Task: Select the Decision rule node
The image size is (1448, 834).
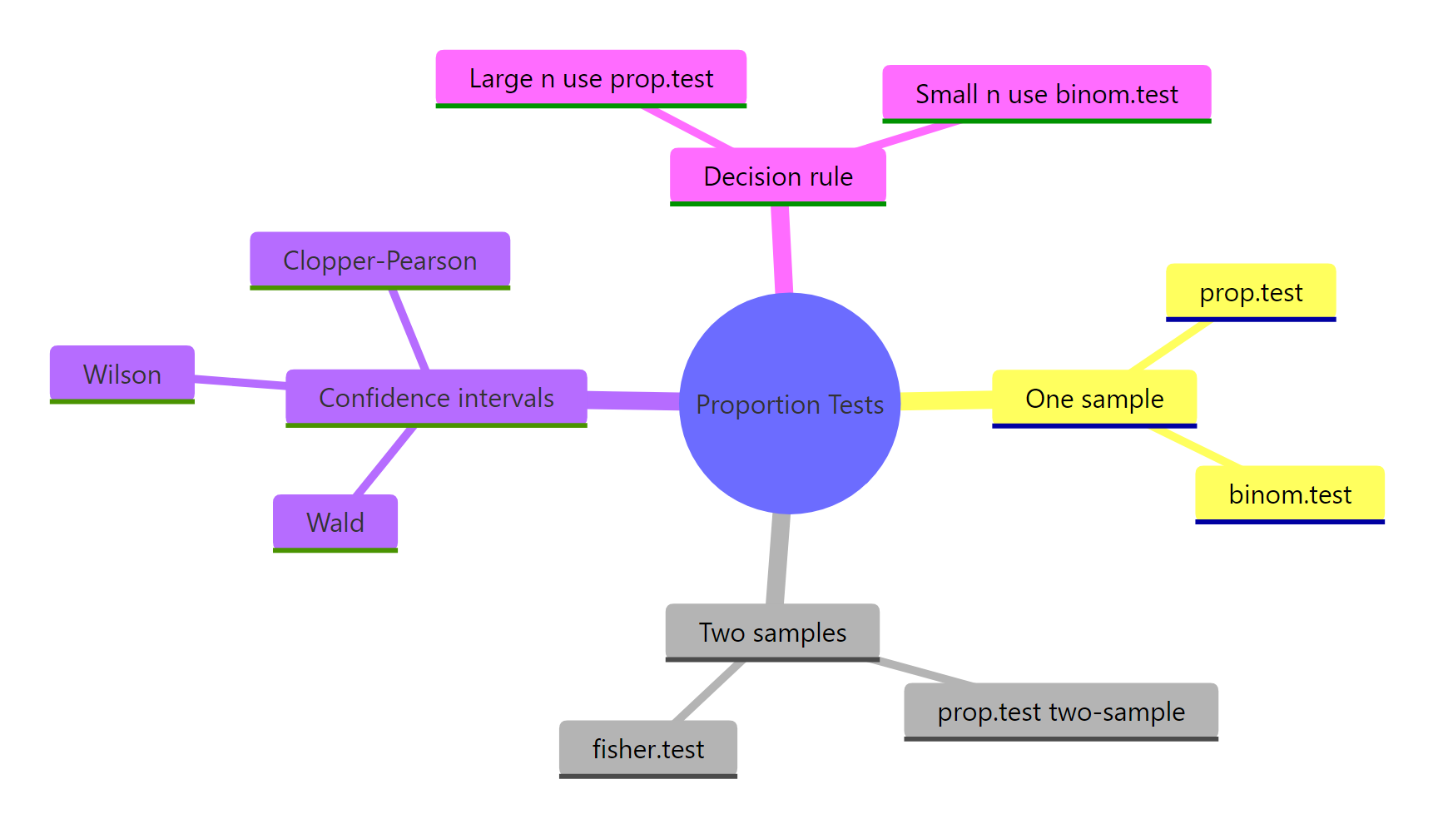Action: [777, 176]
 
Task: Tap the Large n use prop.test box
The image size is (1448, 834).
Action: [591, 78]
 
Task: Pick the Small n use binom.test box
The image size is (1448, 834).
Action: [1046, 94]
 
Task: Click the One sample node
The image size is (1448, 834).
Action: [1093, 399]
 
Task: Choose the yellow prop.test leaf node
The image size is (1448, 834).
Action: [1250, 292]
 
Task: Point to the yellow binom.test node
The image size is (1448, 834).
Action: [1289, 494]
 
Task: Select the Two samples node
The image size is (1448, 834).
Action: [771, 633]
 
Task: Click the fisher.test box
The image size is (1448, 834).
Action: [647, 749]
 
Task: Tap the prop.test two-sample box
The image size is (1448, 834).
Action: [1060, 712]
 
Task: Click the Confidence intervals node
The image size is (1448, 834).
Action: [436, 398]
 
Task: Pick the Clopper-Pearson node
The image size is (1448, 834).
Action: [379, 261]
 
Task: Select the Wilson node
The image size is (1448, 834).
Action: [121, 375]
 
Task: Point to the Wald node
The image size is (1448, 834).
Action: [335, 523]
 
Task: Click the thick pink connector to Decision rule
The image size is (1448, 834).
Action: [781, 250]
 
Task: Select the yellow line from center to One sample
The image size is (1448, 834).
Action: [946, 401]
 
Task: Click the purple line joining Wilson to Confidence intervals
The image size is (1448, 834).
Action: [240, 381]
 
